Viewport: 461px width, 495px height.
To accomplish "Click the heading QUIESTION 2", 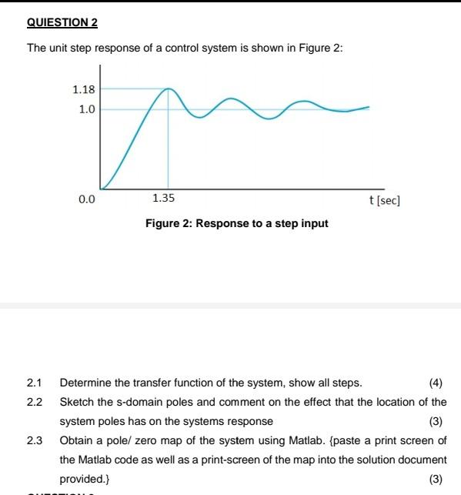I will coord(62,22).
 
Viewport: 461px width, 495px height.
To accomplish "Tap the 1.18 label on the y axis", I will coord(83,89).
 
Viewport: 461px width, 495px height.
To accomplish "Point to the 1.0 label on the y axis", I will coord(86,109).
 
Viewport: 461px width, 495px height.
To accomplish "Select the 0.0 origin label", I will coord(86,199).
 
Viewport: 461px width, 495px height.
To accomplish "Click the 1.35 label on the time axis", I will coord(163,199).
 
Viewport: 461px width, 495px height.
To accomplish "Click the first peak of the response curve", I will coord(168,89).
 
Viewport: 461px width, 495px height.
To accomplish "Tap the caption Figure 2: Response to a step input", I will coord(236,223).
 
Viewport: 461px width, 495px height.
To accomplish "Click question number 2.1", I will coord(34,383).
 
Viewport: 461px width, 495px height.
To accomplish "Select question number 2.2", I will coord(34,402).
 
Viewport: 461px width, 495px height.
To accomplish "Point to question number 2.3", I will coord(34,440).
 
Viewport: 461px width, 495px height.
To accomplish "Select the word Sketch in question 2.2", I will coord(76,402).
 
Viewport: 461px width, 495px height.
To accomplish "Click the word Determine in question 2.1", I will coord(84,383).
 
